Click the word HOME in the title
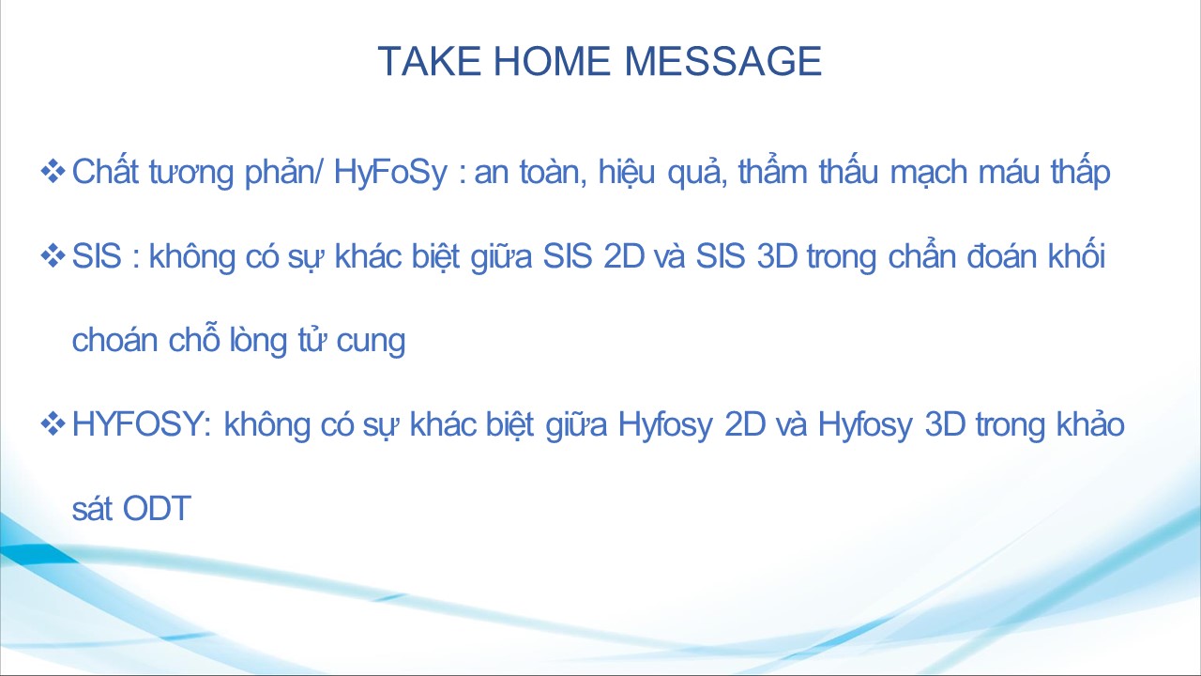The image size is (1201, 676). (552, 61)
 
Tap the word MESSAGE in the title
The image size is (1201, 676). (723, 61)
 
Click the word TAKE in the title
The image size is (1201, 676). (430, 61)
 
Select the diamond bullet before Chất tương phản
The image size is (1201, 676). (53, 171)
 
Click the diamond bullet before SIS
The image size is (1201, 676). (53, 255)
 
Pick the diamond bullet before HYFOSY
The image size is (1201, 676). (53, 423)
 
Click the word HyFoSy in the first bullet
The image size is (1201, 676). (390, 173)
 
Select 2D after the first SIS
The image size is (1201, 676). (624, 256)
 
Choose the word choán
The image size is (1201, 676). (114, 340)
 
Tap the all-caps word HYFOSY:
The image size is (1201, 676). (142, 423)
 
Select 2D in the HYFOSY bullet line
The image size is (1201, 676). (745, 423)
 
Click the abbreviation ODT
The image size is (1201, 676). (157, 508)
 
